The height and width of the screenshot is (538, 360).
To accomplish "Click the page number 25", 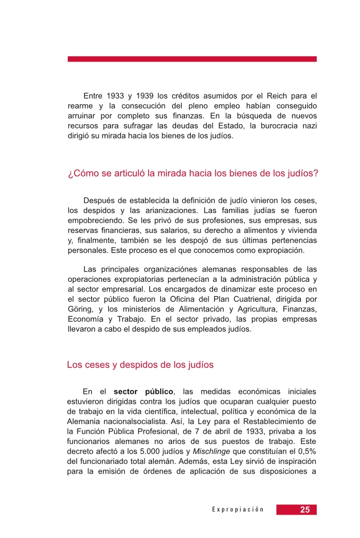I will pos(305,510).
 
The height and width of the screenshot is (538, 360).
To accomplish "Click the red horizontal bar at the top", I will pos(192,59).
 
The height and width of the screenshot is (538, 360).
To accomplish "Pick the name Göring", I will pos(80,309).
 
